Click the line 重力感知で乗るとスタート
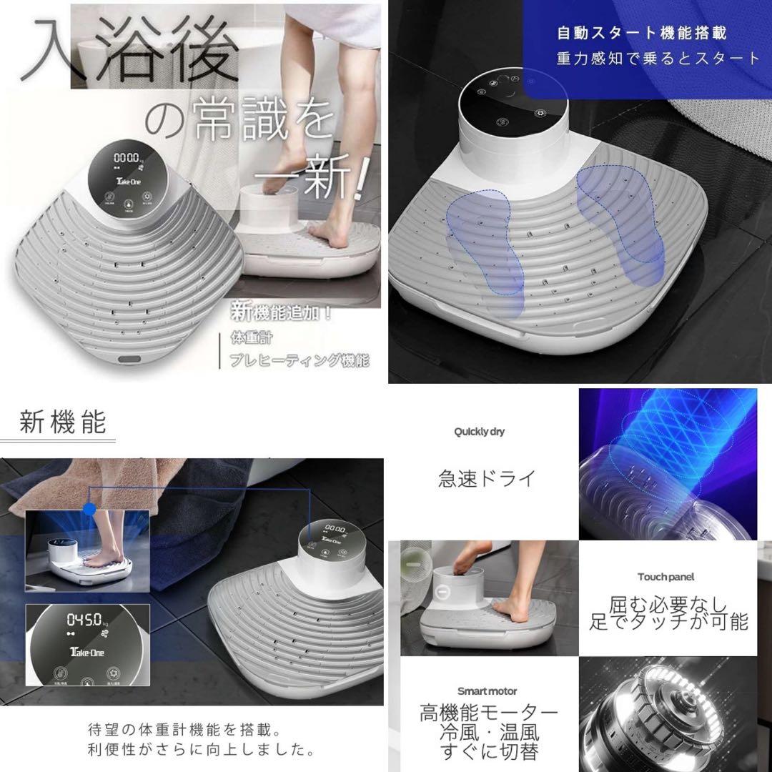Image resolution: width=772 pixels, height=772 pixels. click(x=658, y=59)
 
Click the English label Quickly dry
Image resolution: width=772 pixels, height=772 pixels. click(x=480, y=432)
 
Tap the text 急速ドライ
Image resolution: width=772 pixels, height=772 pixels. click(x=487, y=478)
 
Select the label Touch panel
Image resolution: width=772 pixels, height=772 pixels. click(x=666, y=576)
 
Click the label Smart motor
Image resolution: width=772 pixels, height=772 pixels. click(x=487, y=691)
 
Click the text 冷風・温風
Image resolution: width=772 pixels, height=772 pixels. click(x=489, y=733)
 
